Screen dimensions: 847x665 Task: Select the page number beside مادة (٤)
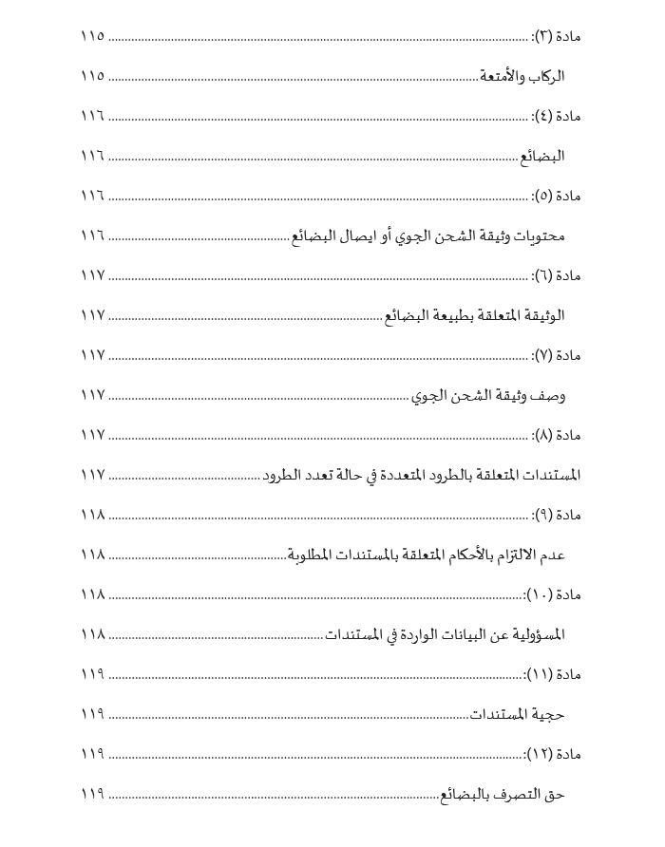click(x=92, y=117)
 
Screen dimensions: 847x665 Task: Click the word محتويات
click(x=542, y=236)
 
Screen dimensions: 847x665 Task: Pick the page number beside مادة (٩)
click(x=92, y=515)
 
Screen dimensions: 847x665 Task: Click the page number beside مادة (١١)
click(x=92, y=674)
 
